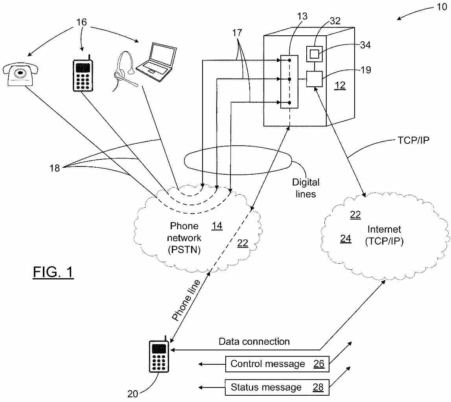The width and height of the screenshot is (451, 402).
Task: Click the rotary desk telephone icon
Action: (x=20, y=74)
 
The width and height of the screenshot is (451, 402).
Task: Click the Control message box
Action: (x=277, y=364)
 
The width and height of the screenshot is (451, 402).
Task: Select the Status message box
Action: (x=277, y=387)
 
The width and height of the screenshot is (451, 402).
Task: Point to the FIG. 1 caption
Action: (x=53, y=272)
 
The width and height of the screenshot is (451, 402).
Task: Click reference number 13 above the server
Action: (x=302, y=16)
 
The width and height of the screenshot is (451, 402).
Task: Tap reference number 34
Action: (x=365, y=45)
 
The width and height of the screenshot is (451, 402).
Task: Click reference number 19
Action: (x=366, y=70)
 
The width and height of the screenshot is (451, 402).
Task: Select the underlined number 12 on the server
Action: (x=340, y=85)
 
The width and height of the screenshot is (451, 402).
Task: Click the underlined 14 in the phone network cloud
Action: (x=217, y=226)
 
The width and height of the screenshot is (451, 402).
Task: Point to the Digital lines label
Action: (x=306, y=188)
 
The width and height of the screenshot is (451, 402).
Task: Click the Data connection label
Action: (x=254, y=342)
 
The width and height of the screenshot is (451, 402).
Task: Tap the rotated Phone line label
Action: (x=186, y=300)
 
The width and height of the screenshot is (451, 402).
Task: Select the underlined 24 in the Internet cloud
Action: (x=346, y=238)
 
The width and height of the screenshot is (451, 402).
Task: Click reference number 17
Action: (x=237, y=33)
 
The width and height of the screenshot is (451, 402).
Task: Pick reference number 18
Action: (x=55, y=168)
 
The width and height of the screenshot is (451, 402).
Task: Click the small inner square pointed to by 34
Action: (x=315, y=54)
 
